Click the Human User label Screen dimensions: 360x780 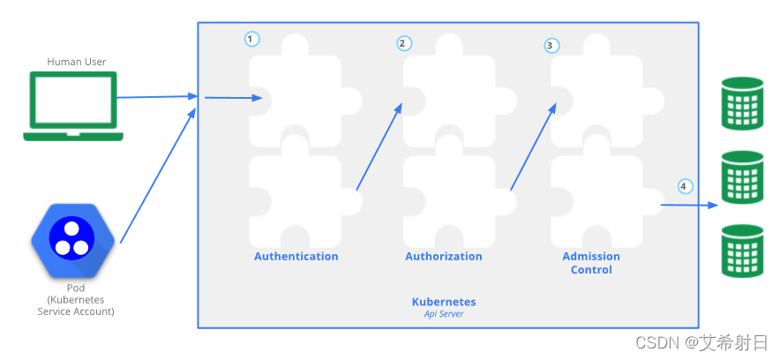(77, 62)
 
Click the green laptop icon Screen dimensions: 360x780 (73, 107)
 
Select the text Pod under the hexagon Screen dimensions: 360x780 (76, 289)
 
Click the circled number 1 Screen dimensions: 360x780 (252, 39)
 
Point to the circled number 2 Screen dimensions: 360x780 (404, 42)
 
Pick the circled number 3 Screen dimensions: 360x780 (551, 45)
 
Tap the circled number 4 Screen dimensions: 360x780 (685, 186)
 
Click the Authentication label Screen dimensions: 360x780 (296, 257)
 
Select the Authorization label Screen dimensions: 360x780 (444, 257)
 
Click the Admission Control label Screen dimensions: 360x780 (591, 263)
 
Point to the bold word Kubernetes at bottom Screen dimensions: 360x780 (444, 302)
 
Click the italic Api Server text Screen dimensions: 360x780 (444, 314)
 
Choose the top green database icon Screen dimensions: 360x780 (740, 102)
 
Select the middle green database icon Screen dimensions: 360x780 (740, 176)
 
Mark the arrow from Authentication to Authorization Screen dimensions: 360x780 (379, 146)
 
